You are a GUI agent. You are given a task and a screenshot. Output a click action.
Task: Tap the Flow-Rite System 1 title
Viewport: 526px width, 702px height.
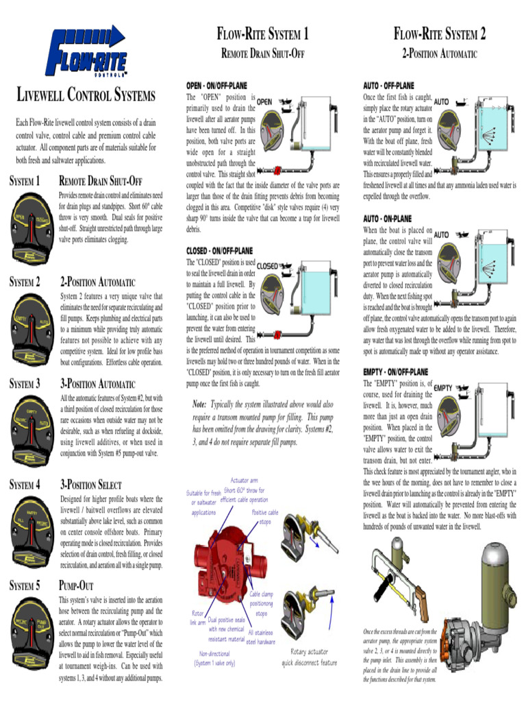pos(262,34)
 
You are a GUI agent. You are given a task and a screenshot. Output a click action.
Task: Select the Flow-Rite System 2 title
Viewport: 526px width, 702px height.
pos(439,34)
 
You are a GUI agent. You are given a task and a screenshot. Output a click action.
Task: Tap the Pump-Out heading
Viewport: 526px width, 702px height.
pos(76,586)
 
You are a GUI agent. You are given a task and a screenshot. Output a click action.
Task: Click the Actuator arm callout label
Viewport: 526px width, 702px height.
pos(244,481)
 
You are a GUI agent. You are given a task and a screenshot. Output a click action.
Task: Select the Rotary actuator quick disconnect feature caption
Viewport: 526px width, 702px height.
pos(309,658)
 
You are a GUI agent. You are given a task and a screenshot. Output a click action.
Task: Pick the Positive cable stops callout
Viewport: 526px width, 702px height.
pos(264,516)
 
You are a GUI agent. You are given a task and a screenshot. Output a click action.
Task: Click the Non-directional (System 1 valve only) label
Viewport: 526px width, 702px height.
pos(214,658)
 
